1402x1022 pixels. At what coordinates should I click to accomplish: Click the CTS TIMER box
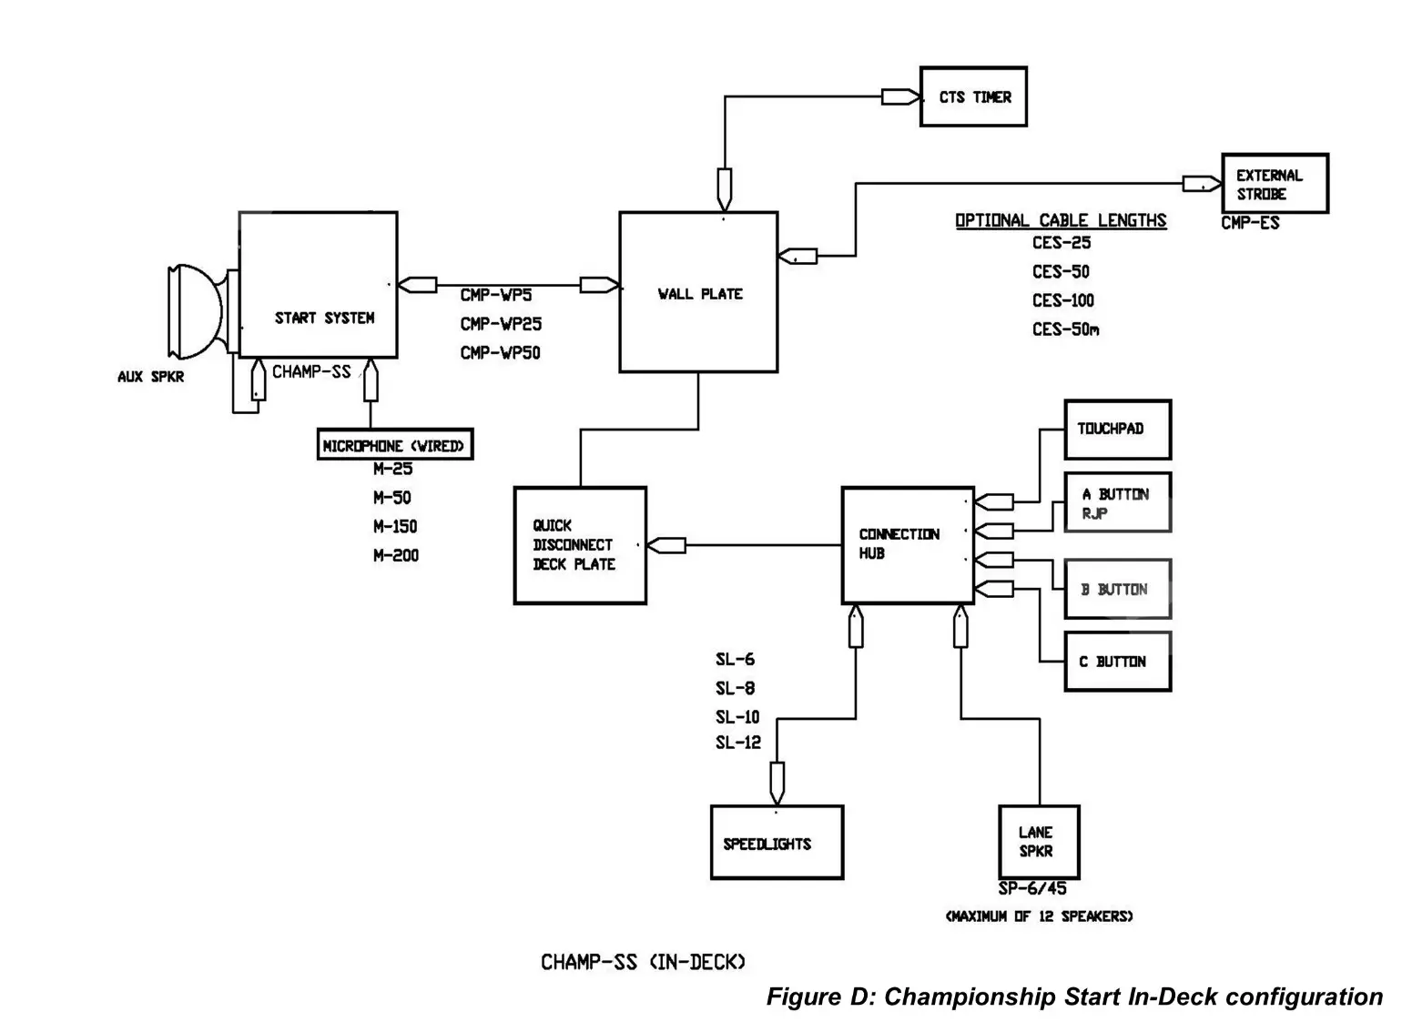point(973,96)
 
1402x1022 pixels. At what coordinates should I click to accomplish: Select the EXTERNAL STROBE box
point(1274,184)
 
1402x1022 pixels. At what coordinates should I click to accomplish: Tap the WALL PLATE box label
point(700,294)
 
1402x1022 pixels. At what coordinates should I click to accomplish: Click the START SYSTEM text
point(325,318)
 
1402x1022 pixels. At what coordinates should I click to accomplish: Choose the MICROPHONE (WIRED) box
point(394,445)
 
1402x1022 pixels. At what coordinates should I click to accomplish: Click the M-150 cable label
point(395,526)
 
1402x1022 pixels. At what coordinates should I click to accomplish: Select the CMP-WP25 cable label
point(501,324)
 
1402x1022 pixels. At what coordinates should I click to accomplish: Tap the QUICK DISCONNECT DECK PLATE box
point(580,545)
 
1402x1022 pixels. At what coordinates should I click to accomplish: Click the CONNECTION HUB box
point(908,544)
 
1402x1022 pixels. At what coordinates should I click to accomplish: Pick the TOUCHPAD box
point(1117,429)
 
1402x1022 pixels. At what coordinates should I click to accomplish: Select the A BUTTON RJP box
point(1117,502)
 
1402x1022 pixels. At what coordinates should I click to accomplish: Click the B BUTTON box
point(1117,590)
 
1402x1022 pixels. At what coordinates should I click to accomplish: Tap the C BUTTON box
point(1117,662)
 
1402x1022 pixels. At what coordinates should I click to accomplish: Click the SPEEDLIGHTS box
point(776,843)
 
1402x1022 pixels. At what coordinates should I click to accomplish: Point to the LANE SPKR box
point(1038,842)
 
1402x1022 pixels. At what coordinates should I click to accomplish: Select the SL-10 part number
point(737,717)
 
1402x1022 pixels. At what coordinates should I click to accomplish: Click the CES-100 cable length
point(1062,300)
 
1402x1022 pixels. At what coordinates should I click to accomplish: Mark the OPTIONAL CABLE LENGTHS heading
point(1061,220)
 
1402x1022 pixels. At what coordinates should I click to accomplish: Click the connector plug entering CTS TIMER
point(900,96)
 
